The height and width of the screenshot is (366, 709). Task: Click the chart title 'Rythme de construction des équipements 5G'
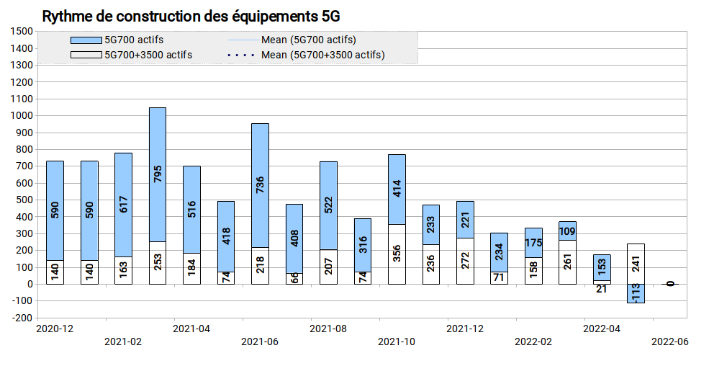[x=191, y=17]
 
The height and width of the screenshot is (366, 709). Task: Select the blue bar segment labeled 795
[x=158, y=174]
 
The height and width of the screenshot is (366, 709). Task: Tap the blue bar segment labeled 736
[x=260, y=185]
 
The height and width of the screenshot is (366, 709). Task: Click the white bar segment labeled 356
[x=397, y=254]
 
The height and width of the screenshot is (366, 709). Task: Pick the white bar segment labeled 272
[x=465, y=261]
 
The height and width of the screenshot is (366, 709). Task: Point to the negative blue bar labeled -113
[x=636, y=294]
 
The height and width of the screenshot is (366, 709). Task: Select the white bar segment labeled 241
[x=636, y=264]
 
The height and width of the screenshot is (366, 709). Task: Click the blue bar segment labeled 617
[x=123, y=205]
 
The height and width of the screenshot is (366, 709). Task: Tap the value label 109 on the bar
[x=567, y=232]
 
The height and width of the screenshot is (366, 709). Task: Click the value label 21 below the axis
[x=601, y=289]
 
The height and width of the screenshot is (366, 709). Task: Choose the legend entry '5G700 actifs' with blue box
[x=117, y=40]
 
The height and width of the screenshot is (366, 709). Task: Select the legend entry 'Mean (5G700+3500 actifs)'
[x=305, y=55]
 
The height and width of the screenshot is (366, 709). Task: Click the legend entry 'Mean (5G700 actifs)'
[x=292, y=40]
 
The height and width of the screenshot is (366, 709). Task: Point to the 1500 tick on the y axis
[x=22, y=31]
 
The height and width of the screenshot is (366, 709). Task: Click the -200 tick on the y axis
[x=22, y=318]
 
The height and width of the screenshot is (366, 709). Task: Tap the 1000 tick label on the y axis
[x=22, y=115]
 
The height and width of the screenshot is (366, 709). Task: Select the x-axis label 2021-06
[x=260, y=342]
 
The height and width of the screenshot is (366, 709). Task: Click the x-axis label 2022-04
[x=602, y=329]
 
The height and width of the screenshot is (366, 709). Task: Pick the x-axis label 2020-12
[x=55, y=329]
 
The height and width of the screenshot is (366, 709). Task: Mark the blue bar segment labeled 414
[x=397, y=189]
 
